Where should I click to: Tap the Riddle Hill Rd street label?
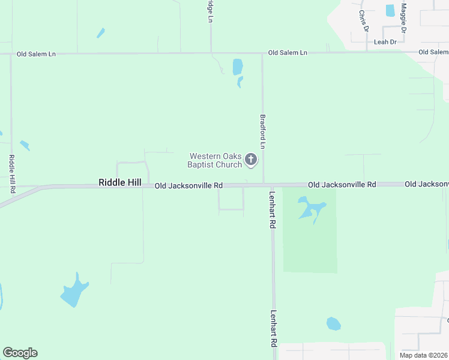coord(12,173)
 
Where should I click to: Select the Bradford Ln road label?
coord(262,132)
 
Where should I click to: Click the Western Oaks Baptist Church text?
coord(215,160)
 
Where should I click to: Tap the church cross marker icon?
coord(251,160)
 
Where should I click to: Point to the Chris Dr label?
coord(363,20)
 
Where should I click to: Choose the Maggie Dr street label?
coord(404,17)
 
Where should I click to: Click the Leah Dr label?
coord(385,42)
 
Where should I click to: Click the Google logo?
coord(20,353)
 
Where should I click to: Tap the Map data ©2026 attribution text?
coord(423,355)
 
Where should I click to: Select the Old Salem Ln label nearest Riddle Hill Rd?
coord(36,54)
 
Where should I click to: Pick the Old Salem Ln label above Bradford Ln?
coord(288,53)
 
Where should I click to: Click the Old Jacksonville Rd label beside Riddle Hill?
coord(188,186)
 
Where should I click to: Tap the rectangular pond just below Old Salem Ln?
coord(237,66)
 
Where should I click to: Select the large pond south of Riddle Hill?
coord(74,292)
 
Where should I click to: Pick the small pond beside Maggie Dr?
coord(390,10)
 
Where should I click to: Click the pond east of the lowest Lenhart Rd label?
coord(333,324)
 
